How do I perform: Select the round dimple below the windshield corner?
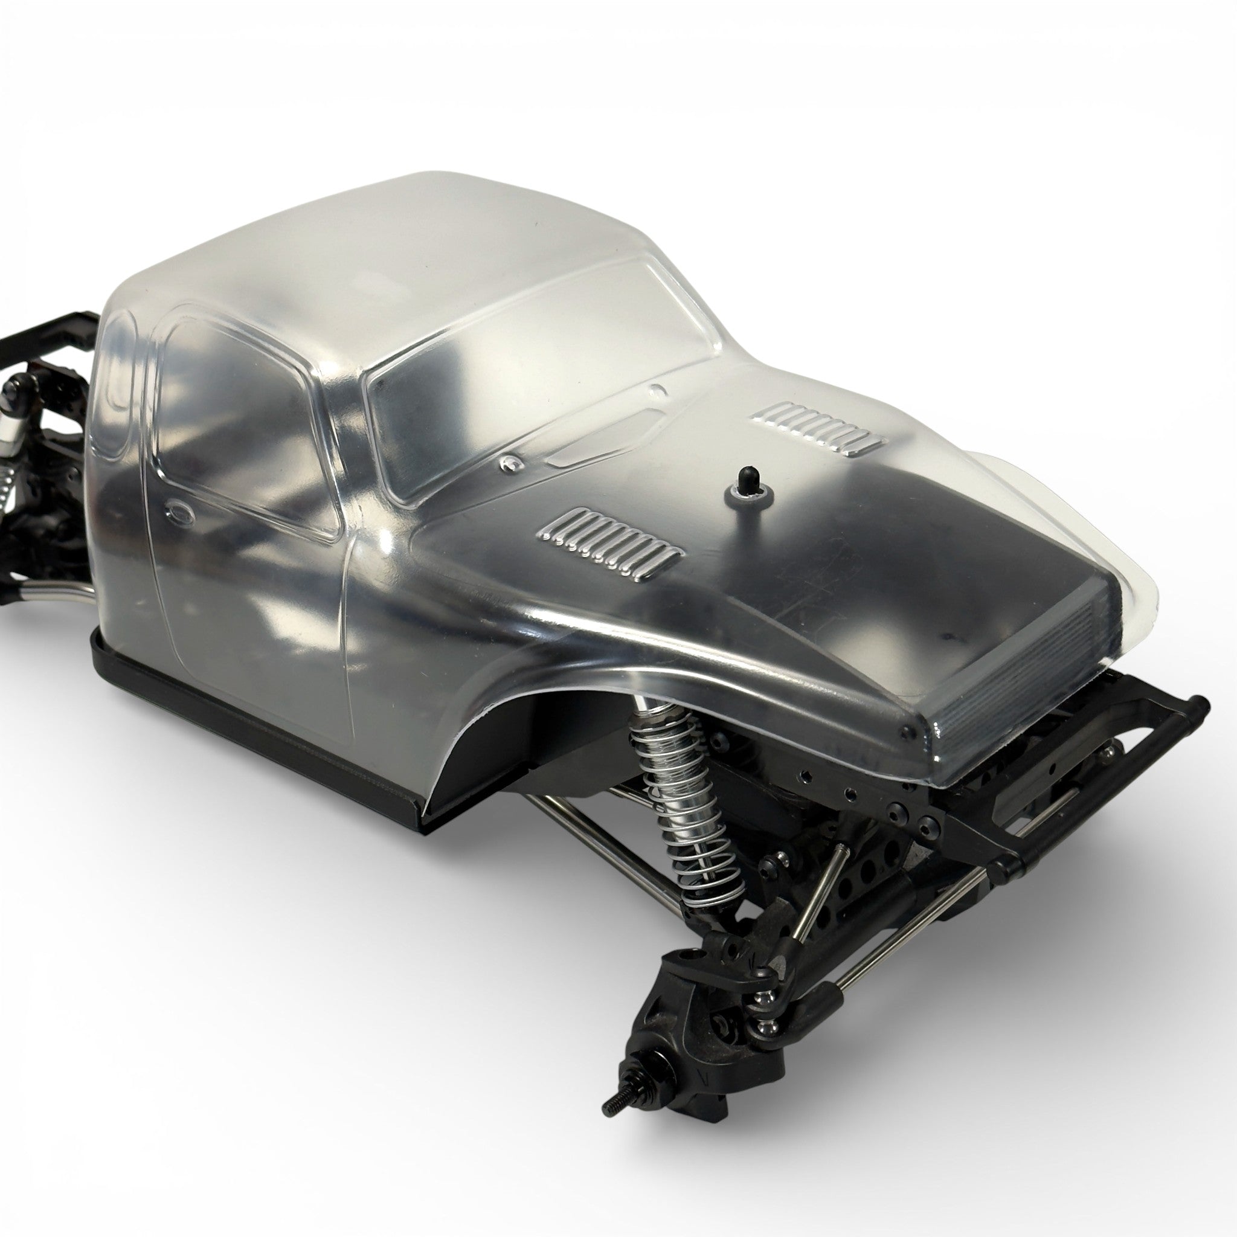(510, 461)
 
